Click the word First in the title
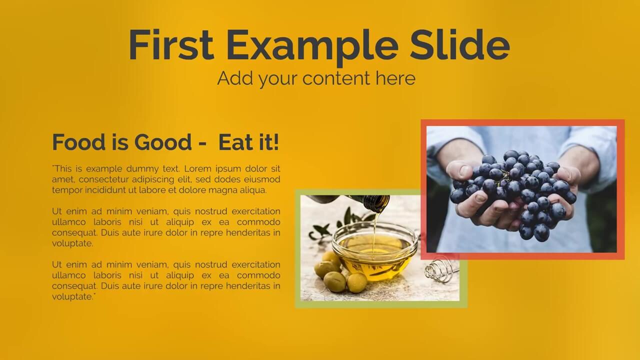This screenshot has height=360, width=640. [x=171, y=44]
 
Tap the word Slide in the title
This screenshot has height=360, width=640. [x=459, y=44]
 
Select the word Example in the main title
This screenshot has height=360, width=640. [x=312, y=47]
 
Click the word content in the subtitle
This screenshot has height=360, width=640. [x=336, y=78]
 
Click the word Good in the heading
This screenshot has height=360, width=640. [x=163, y=142]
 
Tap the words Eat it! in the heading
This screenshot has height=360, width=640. [x=248, y=142]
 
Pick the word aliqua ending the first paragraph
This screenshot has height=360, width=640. [x=253, y=190]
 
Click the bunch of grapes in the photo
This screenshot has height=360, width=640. [x=513, y=194]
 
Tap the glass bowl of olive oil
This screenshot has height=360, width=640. [x=375, y=251]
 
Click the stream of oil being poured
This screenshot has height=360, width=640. [x=375, y=231]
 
